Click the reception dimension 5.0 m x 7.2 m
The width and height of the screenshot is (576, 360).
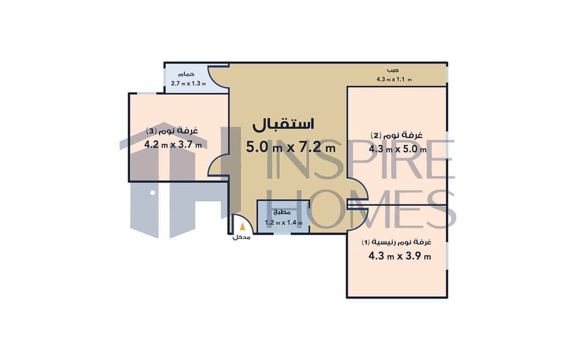[290, 148]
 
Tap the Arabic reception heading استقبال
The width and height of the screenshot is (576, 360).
[283, 124]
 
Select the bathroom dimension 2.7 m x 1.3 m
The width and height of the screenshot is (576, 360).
[188, 83]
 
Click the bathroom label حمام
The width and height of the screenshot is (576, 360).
[186, 74]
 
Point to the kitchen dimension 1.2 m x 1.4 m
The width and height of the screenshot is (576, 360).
[284, 222]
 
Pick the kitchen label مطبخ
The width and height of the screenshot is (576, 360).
[282, 212]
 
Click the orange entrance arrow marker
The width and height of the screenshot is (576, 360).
[242, 227]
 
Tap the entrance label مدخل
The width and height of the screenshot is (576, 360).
[241, 238]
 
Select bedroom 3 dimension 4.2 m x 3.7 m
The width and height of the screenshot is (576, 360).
[173, 145]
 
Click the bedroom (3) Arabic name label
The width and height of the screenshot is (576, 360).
[172, 131]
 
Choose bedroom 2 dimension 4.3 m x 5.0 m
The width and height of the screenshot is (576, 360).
[397, 149]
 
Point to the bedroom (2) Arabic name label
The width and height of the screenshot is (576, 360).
[397, 135]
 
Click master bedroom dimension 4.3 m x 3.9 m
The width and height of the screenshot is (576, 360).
[400, 256]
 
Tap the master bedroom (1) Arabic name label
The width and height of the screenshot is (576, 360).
[397, 242]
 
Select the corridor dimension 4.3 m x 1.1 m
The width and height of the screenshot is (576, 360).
[394, 79]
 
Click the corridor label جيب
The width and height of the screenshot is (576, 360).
[392, 70]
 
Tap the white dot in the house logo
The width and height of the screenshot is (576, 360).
[153, 193]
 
